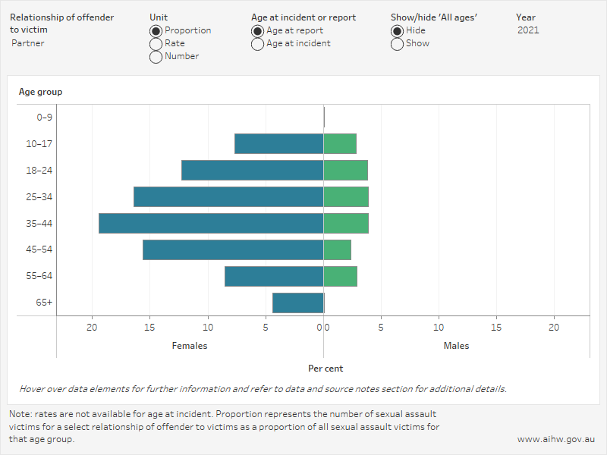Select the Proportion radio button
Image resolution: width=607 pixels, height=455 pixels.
tap(156, 31)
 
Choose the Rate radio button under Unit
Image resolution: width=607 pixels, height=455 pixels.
tap(156, 44)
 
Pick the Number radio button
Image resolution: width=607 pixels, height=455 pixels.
tap(156, 57)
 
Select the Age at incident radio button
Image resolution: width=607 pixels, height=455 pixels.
tap(258, 44)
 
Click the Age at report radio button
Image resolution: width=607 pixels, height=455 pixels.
tap(258, 31)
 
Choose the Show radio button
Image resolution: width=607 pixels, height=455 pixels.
tap(397, 44)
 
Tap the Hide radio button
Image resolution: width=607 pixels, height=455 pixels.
tap(397, 31)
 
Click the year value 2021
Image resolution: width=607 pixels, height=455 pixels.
tap(530, 30)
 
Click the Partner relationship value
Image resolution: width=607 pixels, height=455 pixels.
tap(28, 43)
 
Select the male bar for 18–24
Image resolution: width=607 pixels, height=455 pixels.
tap(345, 170)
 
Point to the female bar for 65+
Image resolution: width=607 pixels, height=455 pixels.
tap(298, 303)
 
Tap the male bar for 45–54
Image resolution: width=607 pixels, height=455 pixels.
tap(337, 249)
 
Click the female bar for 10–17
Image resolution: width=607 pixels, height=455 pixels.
tap(279, 143)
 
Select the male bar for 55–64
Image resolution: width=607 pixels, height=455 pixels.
tap(340, 276)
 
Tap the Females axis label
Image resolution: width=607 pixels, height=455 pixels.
tap(190, 346)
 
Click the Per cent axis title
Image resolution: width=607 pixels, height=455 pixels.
tap(326, 369)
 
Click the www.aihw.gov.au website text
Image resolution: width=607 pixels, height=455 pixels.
tap(556, 439)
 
